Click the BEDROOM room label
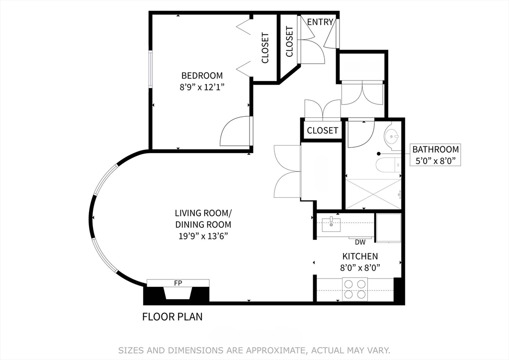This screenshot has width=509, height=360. (x=202, y=76)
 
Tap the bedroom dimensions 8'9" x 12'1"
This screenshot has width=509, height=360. (x=202, y=87)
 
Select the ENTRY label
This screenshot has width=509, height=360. (x=320, y=22)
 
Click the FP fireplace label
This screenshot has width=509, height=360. (x=177, y=283)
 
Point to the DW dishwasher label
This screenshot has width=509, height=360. (x=360, y=243)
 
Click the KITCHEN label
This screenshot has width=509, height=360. (x=360, y=257)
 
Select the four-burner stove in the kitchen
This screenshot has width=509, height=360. (x=355, y=289)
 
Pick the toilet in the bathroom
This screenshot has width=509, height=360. (x=388, y=165)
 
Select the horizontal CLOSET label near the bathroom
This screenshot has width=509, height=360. (x=322, y=131)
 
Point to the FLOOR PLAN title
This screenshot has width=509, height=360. (x=172, y=317)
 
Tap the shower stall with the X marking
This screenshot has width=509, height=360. (x=373, y=194)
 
